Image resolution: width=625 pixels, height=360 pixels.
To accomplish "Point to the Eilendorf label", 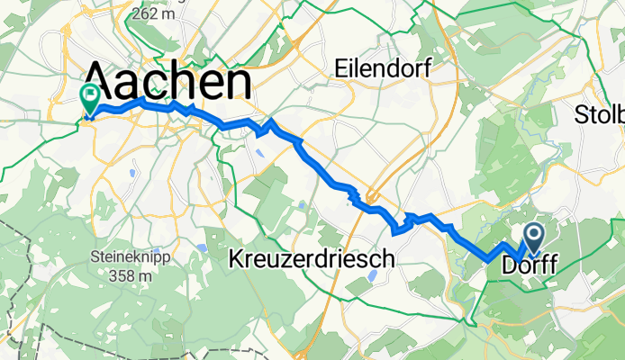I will point(383,67).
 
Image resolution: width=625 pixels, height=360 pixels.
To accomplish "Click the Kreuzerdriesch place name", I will point(312,259).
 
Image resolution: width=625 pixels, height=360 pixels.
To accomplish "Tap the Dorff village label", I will point(528,266).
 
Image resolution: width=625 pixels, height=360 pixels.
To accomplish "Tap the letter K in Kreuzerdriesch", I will point(238,259).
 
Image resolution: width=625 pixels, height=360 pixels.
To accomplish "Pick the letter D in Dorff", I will point(509,266).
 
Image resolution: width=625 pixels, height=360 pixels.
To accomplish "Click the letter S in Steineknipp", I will point(94,256).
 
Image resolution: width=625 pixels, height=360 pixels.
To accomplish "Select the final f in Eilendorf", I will point(427,67).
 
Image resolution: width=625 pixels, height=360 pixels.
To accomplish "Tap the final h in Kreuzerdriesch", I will point(388,259).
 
